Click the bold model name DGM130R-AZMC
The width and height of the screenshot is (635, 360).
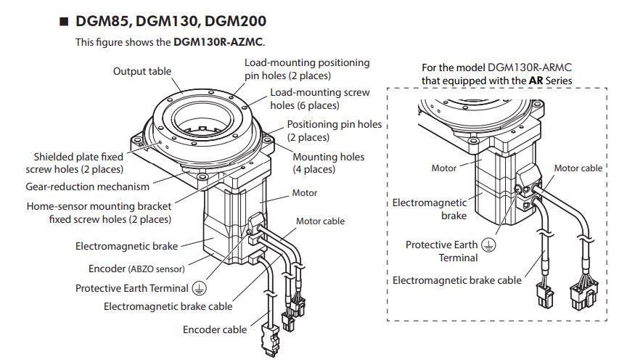pyautogui.click(x=218, y=42)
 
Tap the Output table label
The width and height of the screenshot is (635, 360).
pyautogui.click(x=142, y=71)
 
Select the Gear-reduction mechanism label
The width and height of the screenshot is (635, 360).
pyautogui.click(x=102, y=186)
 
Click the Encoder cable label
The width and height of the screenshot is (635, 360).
pyautogui.click(x=215, y=330)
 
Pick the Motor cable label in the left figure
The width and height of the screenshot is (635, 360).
pyautogui.click(x=320, y=221)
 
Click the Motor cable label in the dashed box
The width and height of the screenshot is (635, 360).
pyautogui.click(x=578, y=168)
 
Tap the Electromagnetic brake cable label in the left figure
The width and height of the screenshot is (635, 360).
pyautogui.click(x=168, y=306)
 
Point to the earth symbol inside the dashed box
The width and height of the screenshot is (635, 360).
pyautogui.click(x=491, y=245)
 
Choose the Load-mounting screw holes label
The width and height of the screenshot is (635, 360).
pyautogui.click(x=319, y=99)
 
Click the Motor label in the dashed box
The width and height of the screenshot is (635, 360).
pyautogui.click(x=444, y=168)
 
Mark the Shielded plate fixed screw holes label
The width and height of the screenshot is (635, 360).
pyautogui.click(x=78, y=163)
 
